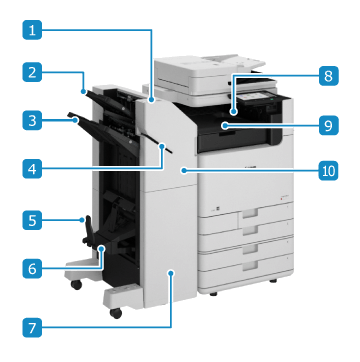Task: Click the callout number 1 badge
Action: (x=32, y=30)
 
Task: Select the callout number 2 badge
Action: (x=32, y=71)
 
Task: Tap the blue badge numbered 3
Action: (x=32, y=120)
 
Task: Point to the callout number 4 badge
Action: (x=32, y=169)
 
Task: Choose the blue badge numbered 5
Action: (x=32, y=220)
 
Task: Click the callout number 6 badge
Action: (x=32, y=268)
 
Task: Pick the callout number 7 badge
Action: (x=32, y=327)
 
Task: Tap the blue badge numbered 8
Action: (x=328, y=76)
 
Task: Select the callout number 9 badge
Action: (x=328, y=125)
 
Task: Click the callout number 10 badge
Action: (x=328, y=171)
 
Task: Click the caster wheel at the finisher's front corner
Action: (x=116, y=313)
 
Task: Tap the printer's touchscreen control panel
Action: (x=258, y=97)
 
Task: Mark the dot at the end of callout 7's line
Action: (x=171, y=273)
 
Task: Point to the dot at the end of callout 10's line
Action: (x=183, y=171)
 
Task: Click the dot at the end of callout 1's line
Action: (x=152, y=99)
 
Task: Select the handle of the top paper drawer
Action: (x=250, y=213)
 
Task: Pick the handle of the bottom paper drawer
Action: (x=250, y=265)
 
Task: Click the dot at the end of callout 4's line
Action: (x=162, y=146)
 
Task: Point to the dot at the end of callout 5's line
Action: (x=82, y=219)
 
